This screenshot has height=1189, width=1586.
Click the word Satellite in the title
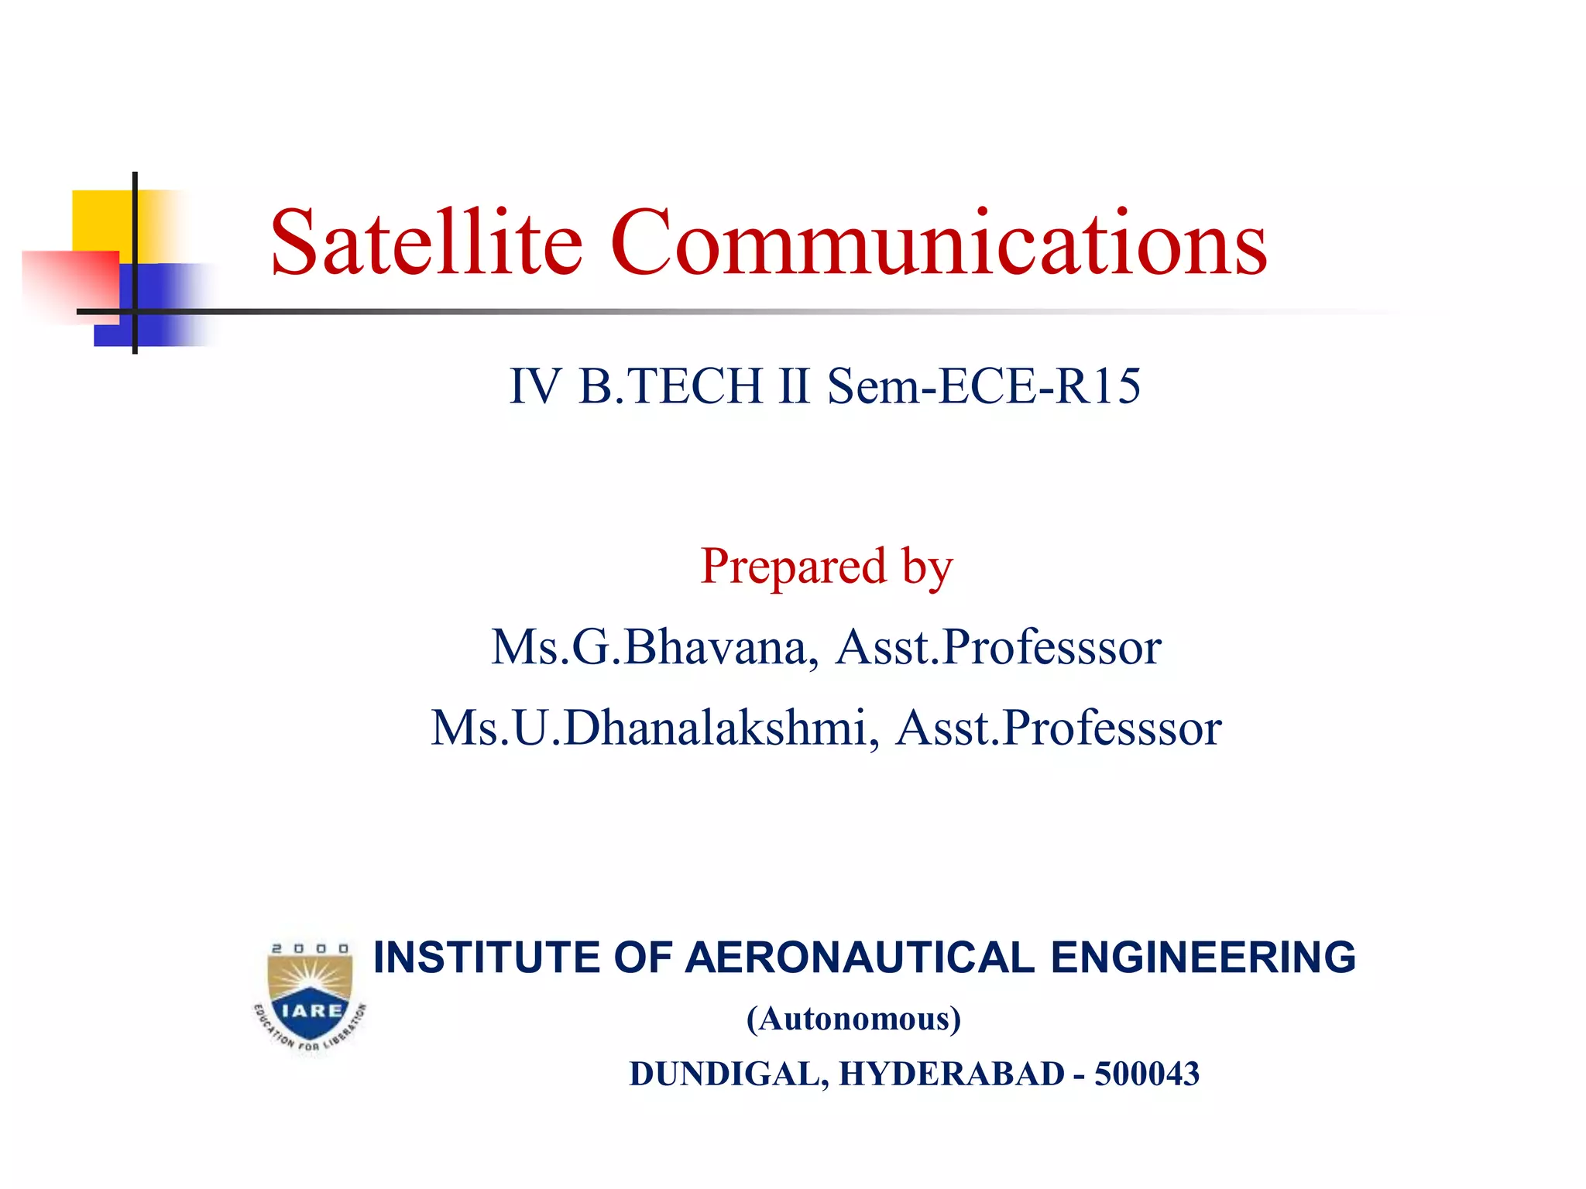pos(426,243)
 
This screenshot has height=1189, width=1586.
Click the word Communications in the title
pos(939,243)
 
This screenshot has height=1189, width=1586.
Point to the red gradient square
pos(70,283)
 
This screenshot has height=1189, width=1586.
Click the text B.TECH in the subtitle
pos(671,386)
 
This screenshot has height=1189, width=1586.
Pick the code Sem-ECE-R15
pos(984,386)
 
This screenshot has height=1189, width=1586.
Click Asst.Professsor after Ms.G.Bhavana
pos(998,647)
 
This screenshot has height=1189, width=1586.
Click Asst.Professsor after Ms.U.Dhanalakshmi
pos(1058,728)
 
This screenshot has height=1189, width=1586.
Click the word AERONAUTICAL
pos(860,958)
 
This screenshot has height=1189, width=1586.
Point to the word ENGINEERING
pos(1203,958)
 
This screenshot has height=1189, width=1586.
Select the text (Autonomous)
pos(853,1019)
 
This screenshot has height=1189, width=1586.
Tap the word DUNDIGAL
pos(728,1074)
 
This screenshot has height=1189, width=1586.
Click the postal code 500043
pos(1146,1074)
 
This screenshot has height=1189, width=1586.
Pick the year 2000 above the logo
pos(310,948)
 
